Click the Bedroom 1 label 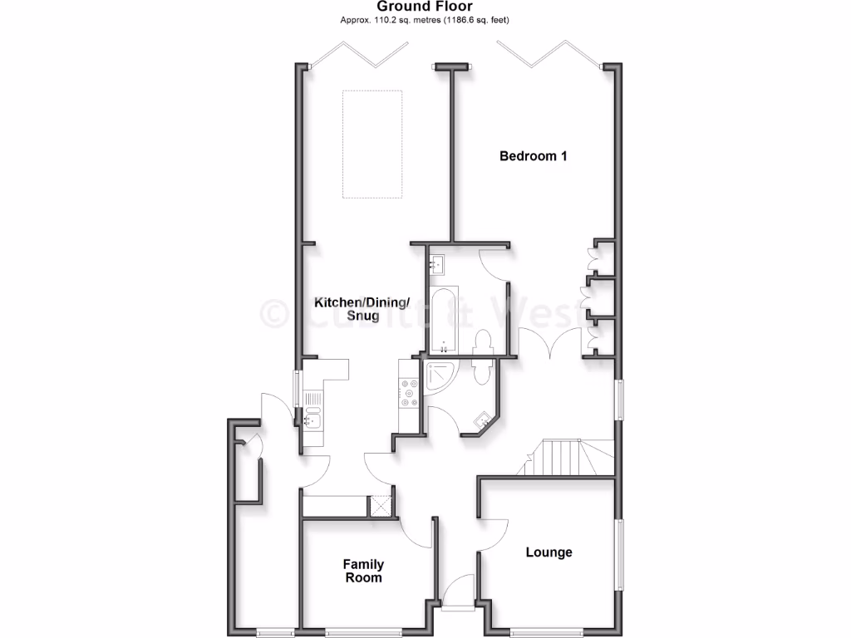pos(533,155)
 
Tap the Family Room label pos(363,571)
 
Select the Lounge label pos(548,552)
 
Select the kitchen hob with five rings pos(409,393)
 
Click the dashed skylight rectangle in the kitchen pos(372,144)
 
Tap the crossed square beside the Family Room pos(381,506)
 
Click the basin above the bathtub pos(438,266)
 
